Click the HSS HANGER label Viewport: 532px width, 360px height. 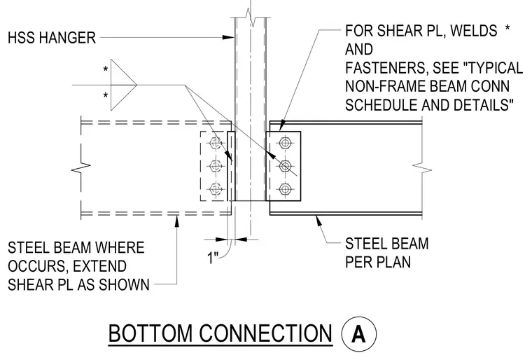[52, 38]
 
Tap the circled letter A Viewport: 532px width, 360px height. [358, 333]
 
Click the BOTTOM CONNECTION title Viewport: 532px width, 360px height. [220, 333]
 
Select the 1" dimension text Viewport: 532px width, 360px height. [213, 258]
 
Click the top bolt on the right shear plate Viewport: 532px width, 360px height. [285, 143]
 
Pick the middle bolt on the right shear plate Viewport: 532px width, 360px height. [285, 166]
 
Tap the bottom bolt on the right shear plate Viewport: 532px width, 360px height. [285, 189]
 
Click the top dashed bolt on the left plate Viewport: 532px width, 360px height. [216, 143]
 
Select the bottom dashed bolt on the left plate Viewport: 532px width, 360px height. [216, 189]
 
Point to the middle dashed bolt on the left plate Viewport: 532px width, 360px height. [216, 166]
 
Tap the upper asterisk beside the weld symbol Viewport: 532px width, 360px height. [106, 69]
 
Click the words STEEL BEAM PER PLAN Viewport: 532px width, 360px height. [387, 253]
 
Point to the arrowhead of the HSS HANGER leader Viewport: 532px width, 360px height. [229, 37]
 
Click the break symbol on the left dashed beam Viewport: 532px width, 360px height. [81, 167]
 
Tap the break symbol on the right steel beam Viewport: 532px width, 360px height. [422, 168]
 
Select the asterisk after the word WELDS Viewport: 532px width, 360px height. [507, 28]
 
